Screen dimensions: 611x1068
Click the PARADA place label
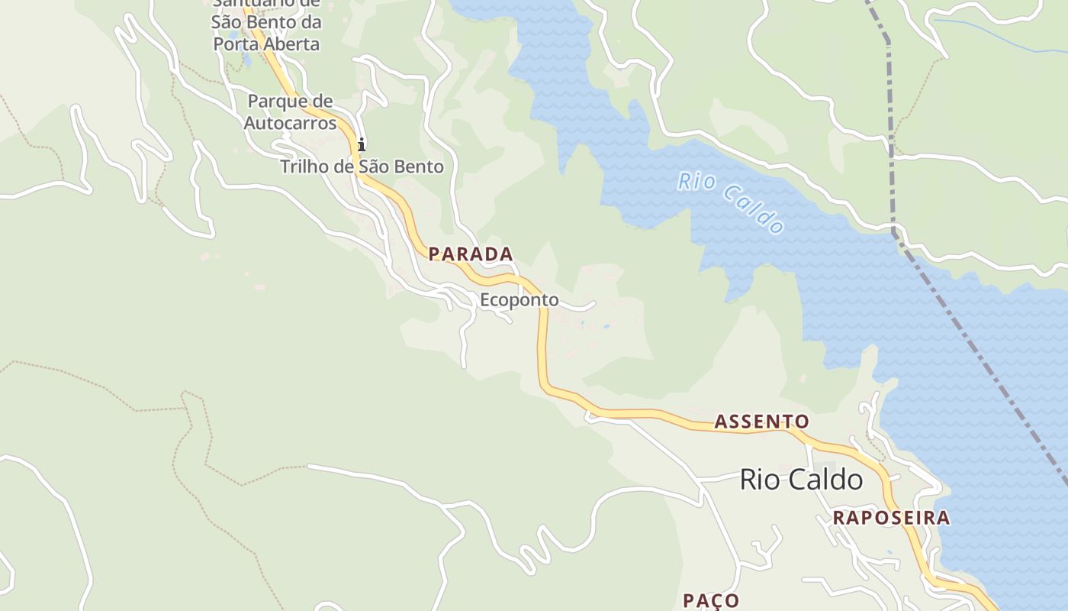(470, 254)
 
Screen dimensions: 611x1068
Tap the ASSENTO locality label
(761, 422)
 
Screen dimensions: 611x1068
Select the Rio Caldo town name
(801, 480)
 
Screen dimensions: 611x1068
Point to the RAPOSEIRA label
(891, 518)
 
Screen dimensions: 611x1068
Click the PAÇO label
(711, 600)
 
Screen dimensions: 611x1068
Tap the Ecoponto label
(519, 300)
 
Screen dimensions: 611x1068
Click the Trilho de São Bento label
(362, 166)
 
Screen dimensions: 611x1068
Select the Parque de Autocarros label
(290, 112)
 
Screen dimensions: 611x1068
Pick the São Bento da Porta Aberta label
(266, 23)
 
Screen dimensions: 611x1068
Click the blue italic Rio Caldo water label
(731, 202)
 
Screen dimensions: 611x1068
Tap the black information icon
(362, 144)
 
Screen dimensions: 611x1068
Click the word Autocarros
(290, 122)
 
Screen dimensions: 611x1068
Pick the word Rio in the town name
(759, 480)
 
